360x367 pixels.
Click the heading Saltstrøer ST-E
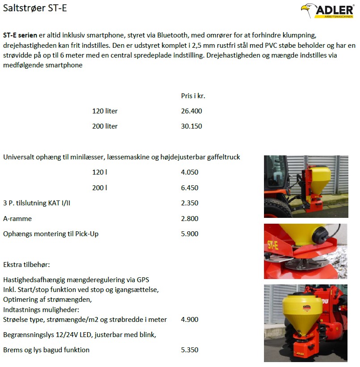(35, 8)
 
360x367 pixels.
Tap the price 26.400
(192, 111)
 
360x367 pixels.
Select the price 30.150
(192, 126)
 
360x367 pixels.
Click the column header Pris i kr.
(193, 96)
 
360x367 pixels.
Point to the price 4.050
(190, 172)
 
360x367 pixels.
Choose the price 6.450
(190, 188)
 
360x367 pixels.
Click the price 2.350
(190, 203)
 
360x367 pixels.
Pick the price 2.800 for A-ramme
(190, 219)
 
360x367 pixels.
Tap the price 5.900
(190, 234)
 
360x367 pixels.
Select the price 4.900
(190, 320)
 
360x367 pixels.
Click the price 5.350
(190, 350)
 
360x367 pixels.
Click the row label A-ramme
(17, 219)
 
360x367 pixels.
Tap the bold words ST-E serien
(20, 35)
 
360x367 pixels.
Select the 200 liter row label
(105, 126)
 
